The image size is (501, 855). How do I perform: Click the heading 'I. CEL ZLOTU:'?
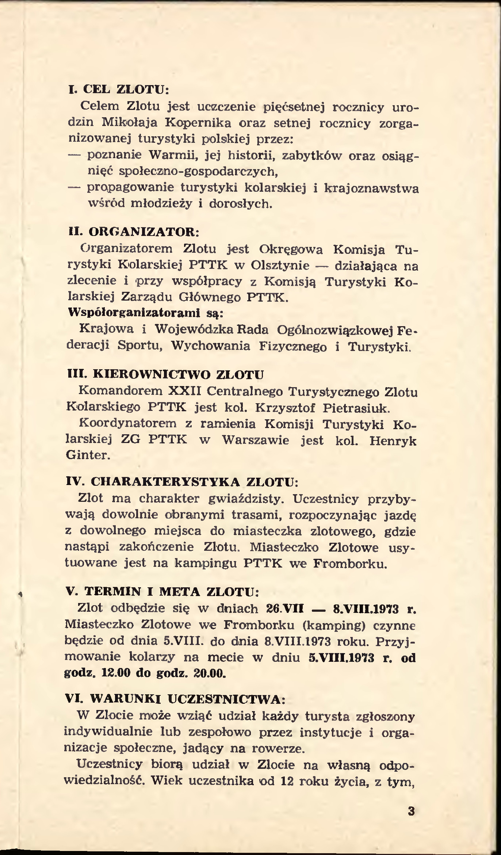tap(119, 89)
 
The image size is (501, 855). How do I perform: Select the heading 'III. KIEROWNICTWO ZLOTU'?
tap(166, 374)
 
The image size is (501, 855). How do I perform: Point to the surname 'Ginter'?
tap(87, 455)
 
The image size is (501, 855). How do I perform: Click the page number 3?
tap(411, 811)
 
